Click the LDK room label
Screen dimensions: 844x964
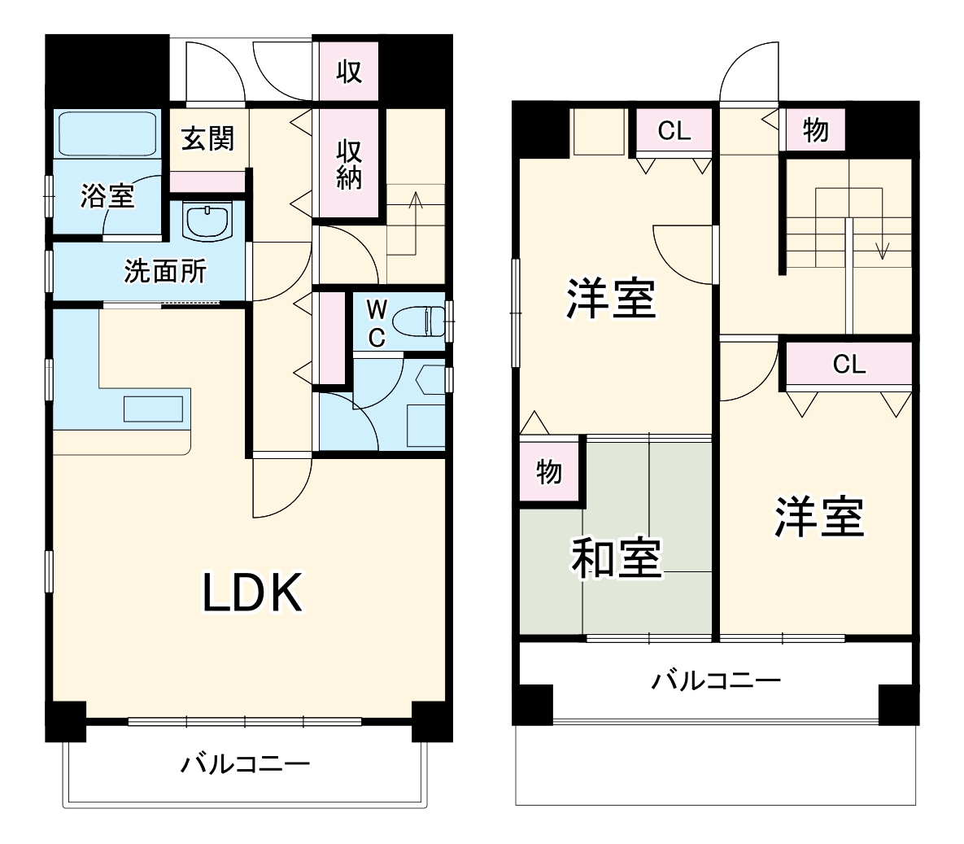253,593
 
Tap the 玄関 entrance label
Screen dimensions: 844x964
207,138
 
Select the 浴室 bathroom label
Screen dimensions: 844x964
107,196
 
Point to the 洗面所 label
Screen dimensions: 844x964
165,271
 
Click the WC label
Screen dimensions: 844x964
376,323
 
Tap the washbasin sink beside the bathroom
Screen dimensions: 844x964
207,221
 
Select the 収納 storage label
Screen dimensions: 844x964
350,164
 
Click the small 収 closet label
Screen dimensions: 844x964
349,72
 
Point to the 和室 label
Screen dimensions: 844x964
616,558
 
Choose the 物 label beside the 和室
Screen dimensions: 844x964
549,470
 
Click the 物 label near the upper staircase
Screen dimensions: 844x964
815,129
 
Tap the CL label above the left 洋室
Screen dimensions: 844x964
674,130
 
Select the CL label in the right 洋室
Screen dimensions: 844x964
848,365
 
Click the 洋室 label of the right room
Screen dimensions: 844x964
818,517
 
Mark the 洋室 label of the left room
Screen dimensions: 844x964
611,298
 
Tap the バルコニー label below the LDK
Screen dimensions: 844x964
245,764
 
